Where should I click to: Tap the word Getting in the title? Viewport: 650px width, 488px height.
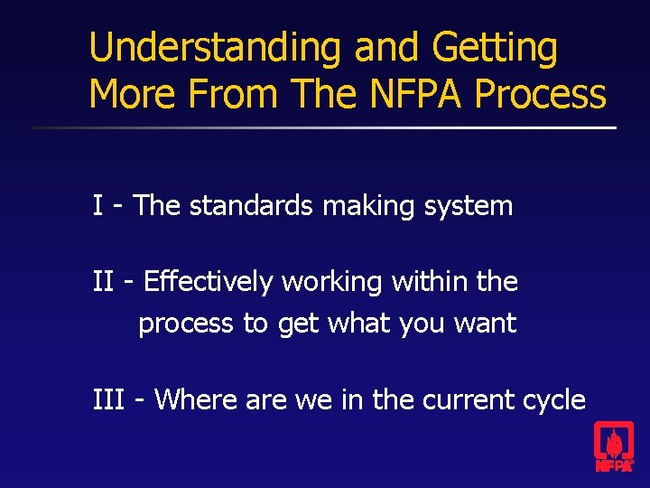tap(496, 49)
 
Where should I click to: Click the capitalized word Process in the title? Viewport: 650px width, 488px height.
tap(541, 94)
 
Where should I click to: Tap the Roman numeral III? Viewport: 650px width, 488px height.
tap(108, 399)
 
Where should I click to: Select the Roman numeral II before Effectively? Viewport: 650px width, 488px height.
tap(103, 282)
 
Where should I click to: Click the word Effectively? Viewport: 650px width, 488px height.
tap(208, 282)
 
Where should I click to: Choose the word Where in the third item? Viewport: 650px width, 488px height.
tap(195, 399)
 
